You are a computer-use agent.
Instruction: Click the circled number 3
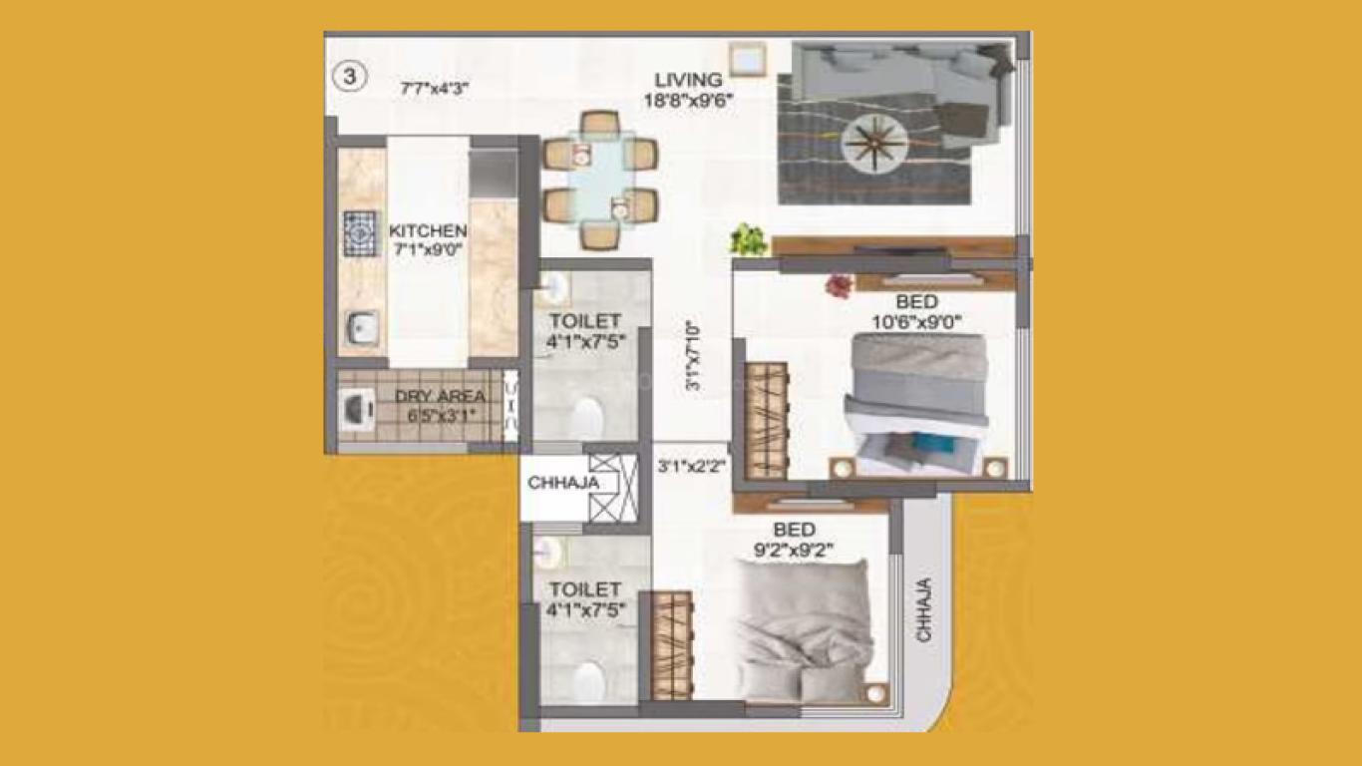(350, 77)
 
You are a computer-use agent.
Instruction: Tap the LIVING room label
(688, 80)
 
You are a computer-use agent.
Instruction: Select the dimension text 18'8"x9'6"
(688, 101)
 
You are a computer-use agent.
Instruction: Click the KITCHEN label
(428, 231)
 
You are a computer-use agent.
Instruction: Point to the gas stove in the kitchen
(360, 233)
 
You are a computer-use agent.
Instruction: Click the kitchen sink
(361, 328)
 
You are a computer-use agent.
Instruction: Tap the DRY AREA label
(441, 396)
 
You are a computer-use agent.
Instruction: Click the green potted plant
(749, 239)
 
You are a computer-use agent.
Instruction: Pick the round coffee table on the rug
(874, 144)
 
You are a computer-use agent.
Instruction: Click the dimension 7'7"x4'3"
(434, 89)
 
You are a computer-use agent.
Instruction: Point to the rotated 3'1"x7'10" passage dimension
(693, 356)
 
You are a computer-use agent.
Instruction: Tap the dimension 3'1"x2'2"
(691, 467)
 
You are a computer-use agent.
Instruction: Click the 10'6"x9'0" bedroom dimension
(917, 322)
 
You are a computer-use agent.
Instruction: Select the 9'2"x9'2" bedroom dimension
(793, 550)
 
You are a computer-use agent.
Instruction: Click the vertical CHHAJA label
(923, 609)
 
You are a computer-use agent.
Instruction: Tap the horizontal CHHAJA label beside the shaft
(563, 483)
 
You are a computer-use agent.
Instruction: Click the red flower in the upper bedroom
(840, 284)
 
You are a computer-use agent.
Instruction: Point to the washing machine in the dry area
(358, 409)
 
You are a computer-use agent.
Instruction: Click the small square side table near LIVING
(748, 59)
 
